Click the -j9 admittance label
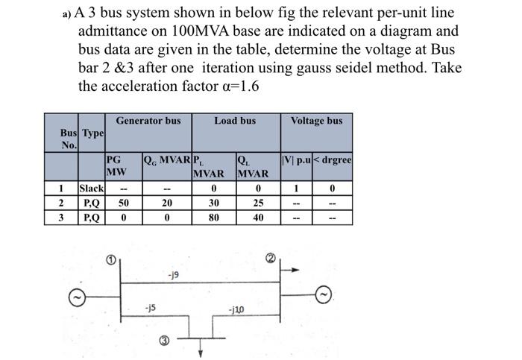click(x=172, y=275)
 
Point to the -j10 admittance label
click(x=236, y=309)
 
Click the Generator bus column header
click(x=148, y=121)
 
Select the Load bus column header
click(x=235, y=121)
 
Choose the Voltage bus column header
click(x=316, y=121)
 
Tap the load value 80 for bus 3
click(x=214, y=218)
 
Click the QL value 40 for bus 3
click(x=257, y=218)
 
